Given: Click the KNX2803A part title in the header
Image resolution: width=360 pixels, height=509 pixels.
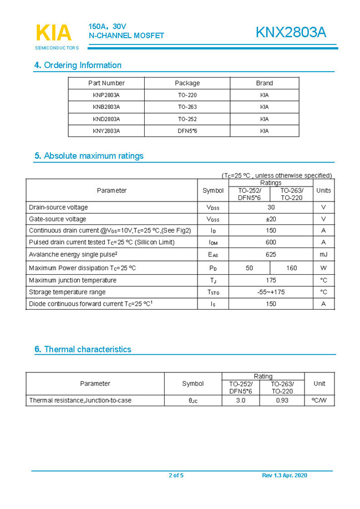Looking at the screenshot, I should pyautogui.click(x=291, y=33).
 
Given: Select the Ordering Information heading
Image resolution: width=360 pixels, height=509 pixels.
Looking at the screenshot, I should pyautogui.click(x=78, y=65).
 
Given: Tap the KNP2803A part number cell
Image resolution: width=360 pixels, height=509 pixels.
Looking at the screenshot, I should pyautogui.click(x=106, y=95).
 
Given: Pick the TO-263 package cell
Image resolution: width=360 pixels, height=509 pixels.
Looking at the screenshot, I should pyautogui.click(x=187, y=107).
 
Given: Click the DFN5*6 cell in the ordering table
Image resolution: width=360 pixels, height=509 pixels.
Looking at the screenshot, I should pyautogui.click(x=187, y=131).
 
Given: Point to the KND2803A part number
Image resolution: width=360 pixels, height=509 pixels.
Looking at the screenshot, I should pyautogui.click(x=106, y=119).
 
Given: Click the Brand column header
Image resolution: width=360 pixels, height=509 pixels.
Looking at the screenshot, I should pyautogui.click(x=264, y=83).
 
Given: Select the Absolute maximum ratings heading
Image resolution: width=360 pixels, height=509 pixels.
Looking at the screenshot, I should pyautogui.click(x=89, y=156).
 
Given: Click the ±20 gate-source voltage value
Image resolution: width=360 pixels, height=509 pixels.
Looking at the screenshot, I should pyautogui.click(x=271, y=219).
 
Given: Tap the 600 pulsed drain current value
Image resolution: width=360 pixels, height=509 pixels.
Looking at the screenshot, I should pyautogui.click(x=271, y=242).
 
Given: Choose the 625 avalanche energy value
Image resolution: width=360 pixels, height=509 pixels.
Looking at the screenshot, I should pyautogui.click(x=271, y=254).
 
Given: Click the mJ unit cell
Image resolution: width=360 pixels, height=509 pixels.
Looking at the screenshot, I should pyautogui.click(x=323, y=254).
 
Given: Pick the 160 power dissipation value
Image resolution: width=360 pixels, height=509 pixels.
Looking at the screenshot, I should pyautogui.click(x=291, y=268).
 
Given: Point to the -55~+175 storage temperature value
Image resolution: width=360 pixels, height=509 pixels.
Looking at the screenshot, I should pyautogui.click(x=271, y=292).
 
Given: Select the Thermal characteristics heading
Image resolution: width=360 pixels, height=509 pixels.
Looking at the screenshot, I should pyautogui.click(x=83, y=349).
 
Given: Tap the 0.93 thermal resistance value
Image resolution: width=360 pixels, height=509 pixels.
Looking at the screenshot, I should pyautogui.click(x=282, y=400).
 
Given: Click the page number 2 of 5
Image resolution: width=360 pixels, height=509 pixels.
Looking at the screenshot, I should pyautogui.click(x=176, y=475).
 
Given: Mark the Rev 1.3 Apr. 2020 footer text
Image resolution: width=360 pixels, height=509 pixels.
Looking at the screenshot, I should pyautogui.click(x=284, y=475).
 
